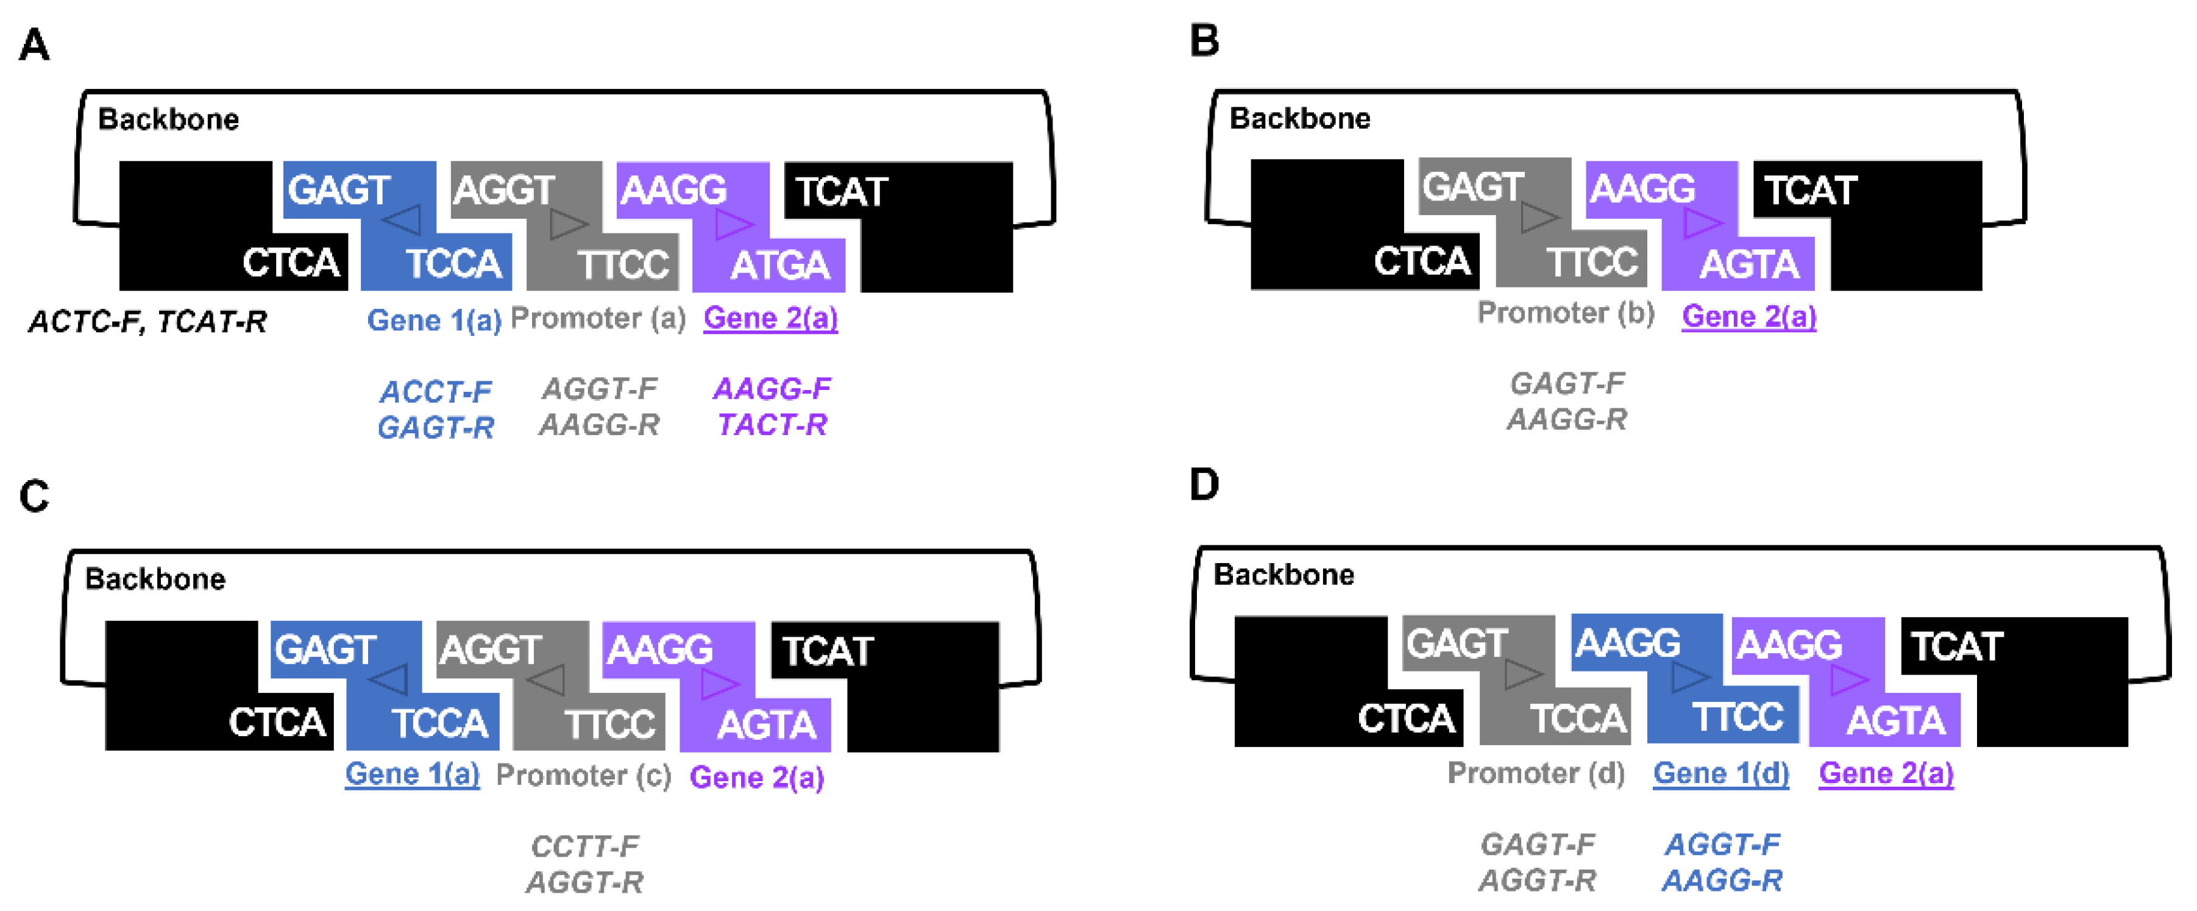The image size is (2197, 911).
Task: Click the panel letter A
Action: (x=34, y=44)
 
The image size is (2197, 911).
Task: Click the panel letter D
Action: (x=1204, y=484)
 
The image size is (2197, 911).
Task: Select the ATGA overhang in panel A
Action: (x=779, y=265)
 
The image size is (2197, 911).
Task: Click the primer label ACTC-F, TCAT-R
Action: (x=147, y=322)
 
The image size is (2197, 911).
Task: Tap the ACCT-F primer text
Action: (x=436, y=392)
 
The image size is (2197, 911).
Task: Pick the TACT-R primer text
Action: (x=772, y=425)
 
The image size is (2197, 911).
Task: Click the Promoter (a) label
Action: (x=598, y=318)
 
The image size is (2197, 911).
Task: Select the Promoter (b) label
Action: (x=1565, y=313)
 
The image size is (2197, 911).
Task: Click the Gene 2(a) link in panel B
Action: (x=1748, y=316)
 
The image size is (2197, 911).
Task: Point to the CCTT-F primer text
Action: (x=584, y=846)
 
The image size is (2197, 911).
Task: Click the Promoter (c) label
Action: (x=583, y=775)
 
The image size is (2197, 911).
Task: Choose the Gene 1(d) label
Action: (x=1720, y=773)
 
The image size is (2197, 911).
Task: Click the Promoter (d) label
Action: (x=1536, y=773)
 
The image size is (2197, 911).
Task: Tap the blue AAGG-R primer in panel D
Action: (x=1722, y=881)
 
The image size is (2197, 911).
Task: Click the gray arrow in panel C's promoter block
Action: (x=545, y=680)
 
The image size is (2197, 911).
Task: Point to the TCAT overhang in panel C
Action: (x=827, y=651)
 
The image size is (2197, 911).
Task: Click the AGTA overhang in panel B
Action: (x=1748, y=264)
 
